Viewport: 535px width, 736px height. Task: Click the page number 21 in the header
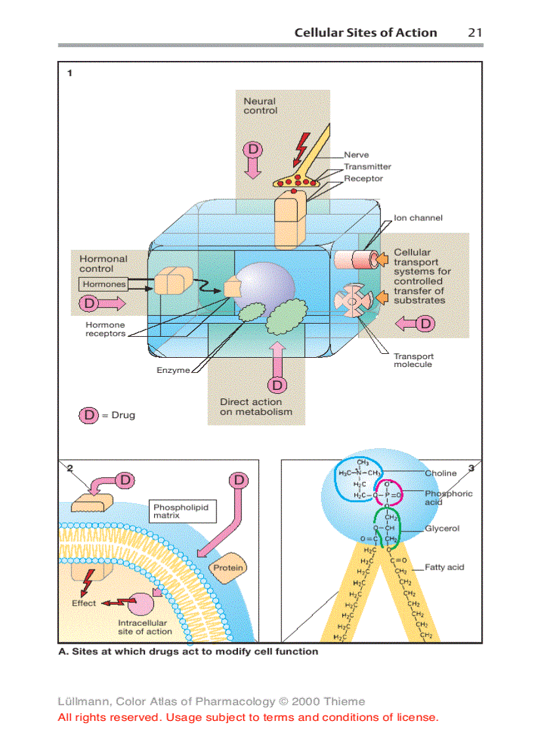[475, 33]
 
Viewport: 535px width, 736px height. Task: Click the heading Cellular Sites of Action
[365, 33]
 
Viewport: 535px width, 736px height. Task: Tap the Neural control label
[260, 106]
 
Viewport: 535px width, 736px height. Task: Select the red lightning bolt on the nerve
[302, 149]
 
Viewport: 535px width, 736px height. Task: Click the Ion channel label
[418, 218]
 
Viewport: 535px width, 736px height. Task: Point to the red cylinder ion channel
[351, 260]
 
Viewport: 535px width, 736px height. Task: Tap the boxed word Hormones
[104, 284]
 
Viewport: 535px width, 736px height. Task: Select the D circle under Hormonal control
[90, 303]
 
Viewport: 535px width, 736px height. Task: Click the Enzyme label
[172, 370]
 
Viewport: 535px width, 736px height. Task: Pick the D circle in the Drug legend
[89, 415]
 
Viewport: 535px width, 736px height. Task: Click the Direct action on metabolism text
[255, 407]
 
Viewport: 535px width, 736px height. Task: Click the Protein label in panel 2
[228, 568]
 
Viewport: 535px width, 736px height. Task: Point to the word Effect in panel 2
[84, 603]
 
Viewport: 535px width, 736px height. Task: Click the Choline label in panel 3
[441, 473]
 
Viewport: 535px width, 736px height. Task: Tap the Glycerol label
[442, 528]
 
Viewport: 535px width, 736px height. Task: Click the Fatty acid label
[444, 567]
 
